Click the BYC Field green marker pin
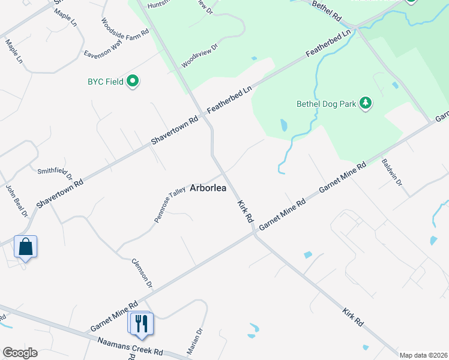tap(133, 81)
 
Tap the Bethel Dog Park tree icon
tap(366, 103)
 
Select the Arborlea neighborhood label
tap(208, 188)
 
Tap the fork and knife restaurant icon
tap(142, 323)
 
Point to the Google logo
tap(19, 353)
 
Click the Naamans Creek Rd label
tap(130, 346)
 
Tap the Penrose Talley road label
tap(170, 205)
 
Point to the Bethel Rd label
tap(328, 10)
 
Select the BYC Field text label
tap(105, 81)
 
